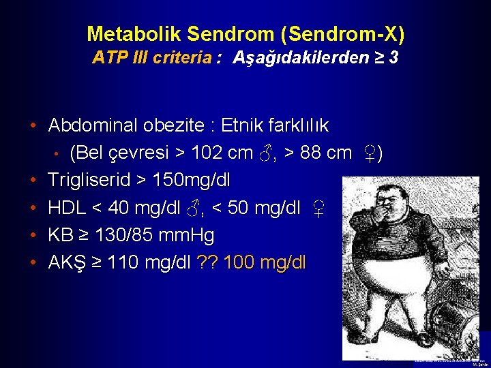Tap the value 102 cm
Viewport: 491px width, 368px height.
(221, 153)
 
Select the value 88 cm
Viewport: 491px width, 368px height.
(326, 153)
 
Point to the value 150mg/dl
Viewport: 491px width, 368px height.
(192, 181)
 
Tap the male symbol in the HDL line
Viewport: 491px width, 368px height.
(194, 209)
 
